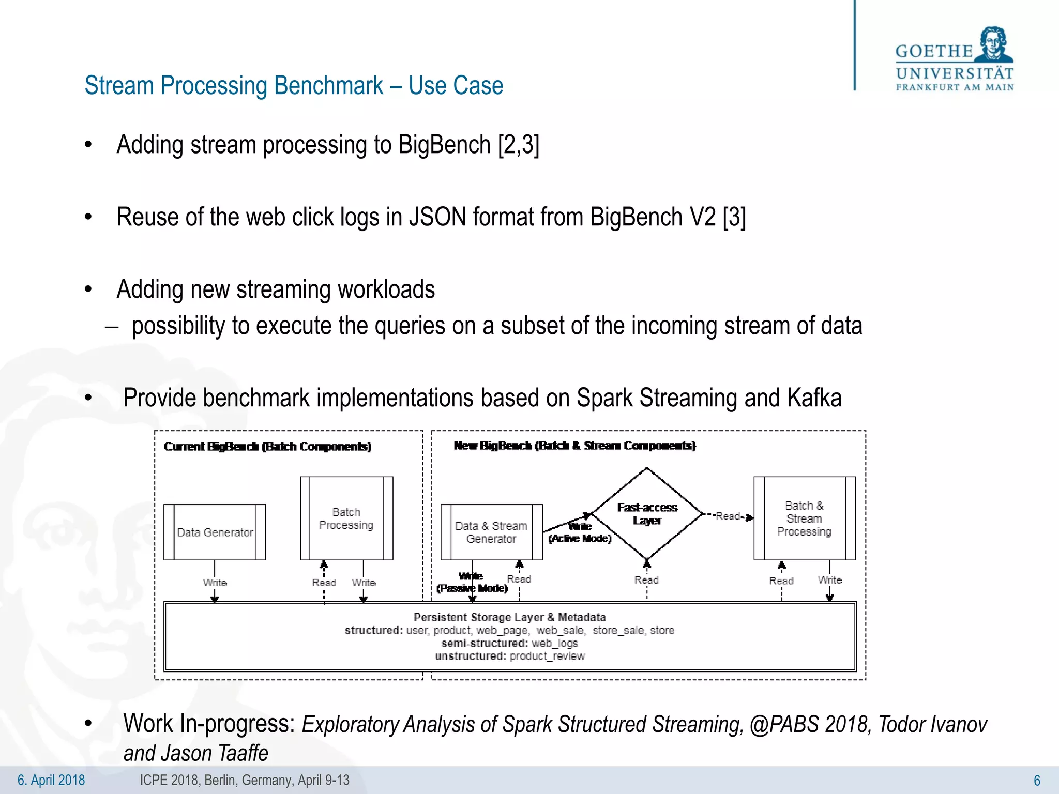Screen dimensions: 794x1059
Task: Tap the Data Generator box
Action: coord(215,532)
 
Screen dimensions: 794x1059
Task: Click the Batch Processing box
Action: coord(346,518)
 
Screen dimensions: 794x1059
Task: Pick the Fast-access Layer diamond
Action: coord(647,514)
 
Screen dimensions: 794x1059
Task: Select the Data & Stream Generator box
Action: coord(491,532)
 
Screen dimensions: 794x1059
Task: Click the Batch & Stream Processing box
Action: coord(804,518)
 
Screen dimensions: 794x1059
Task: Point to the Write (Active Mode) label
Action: coord(580,532)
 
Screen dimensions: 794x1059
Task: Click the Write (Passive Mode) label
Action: coord(472,583)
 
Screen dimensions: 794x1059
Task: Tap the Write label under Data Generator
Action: coord(215,583)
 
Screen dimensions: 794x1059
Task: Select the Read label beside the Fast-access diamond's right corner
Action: coord(728,516)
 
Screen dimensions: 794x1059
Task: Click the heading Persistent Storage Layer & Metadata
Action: coord(509,617)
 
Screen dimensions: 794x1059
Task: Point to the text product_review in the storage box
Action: coord(547,656)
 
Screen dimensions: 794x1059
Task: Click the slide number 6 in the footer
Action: coord(1036,781)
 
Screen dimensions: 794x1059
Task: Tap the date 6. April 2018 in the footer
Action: coord(51,780)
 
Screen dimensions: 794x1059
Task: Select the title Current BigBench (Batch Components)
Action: coord(267,447)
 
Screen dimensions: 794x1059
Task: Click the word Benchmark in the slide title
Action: coord(328,86)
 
